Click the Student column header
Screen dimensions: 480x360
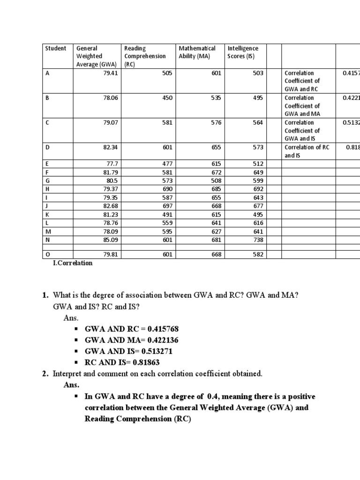55,48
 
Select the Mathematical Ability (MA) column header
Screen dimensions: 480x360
197,52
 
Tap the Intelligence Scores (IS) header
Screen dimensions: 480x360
243,52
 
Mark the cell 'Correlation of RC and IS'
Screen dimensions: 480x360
307,151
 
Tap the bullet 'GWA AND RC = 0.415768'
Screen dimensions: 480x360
132,329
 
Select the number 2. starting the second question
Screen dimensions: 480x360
45,374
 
